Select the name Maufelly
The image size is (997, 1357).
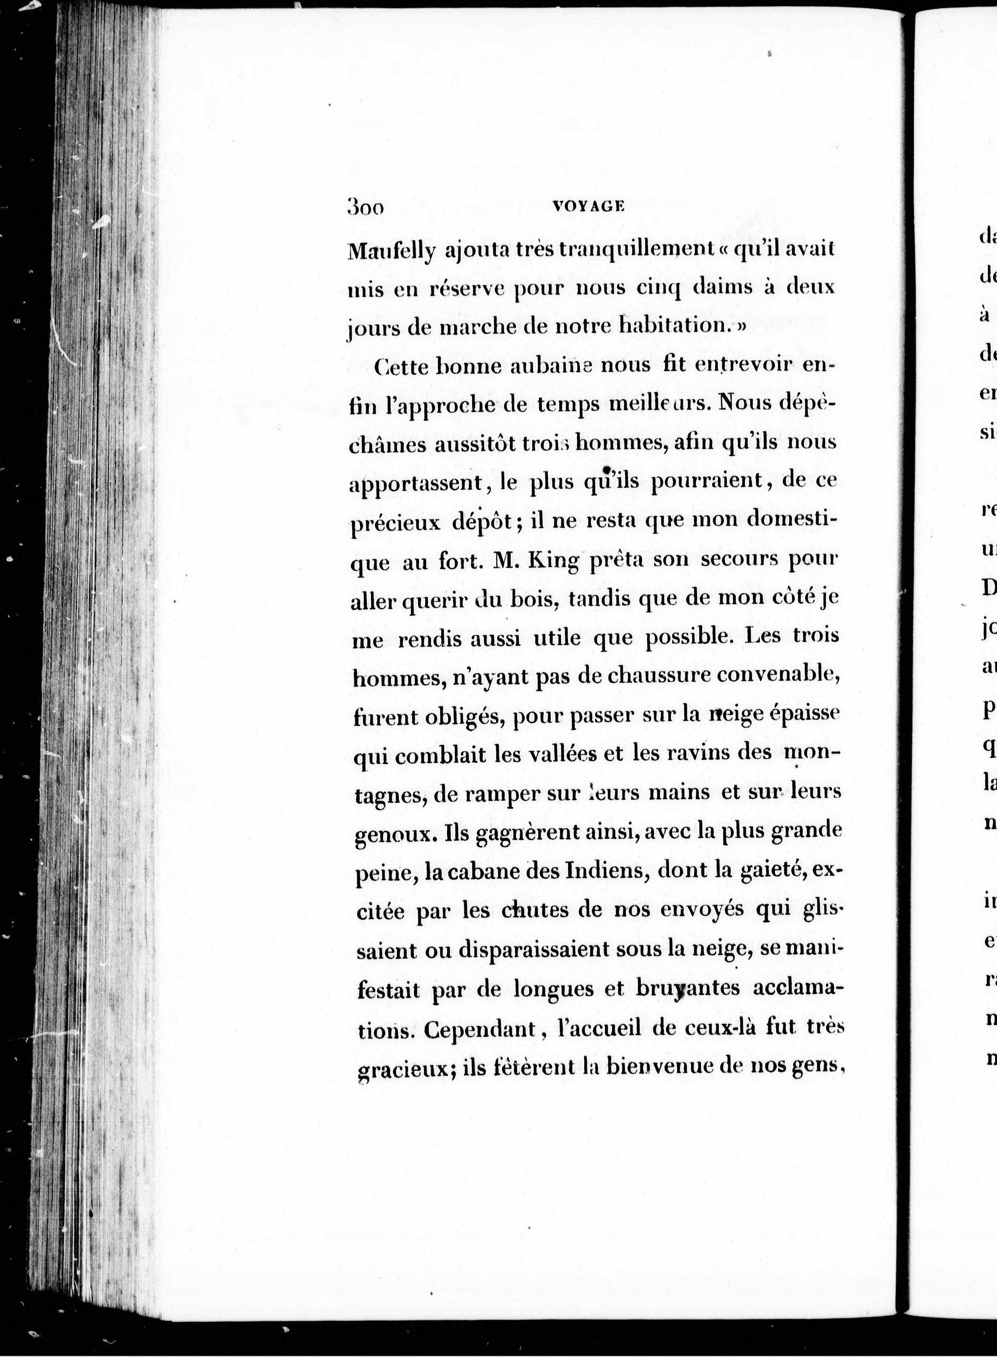(391, 251)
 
